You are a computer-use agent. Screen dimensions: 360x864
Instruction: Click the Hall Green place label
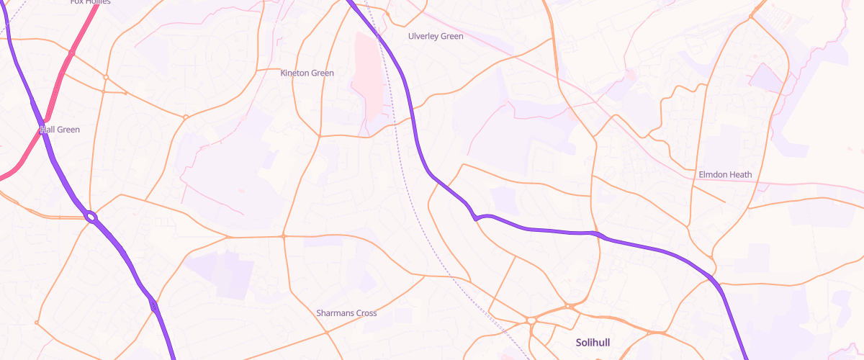pos(60,130)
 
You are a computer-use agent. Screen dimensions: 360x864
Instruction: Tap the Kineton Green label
pos(307,73)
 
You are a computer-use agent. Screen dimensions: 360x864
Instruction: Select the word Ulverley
pos(422,36)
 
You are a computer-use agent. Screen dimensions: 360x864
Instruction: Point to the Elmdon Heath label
pos(725,175)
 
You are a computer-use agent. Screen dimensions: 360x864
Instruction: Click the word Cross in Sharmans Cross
pos(364,313)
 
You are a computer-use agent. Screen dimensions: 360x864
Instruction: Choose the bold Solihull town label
pos(593,342)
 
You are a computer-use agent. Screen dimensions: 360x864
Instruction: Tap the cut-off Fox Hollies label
pos(90,2)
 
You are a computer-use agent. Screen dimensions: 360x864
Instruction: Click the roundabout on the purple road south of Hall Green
pos(91,216)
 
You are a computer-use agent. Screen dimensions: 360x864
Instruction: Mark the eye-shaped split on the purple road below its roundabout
pos(154,306)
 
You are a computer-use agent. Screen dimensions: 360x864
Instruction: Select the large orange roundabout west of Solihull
pos(531,320)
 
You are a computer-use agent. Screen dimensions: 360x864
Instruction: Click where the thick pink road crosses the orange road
pos(71,53)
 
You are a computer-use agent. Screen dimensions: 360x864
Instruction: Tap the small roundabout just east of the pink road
pos(106,77)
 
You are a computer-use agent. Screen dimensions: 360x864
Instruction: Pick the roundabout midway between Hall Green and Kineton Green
pos(186,117)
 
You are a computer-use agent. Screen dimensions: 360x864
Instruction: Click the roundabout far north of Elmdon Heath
pos(751,17)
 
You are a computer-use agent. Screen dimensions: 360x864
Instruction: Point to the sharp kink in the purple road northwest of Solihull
pos(476,217)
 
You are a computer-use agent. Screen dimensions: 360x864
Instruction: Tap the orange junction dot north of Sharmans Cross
pos(284,235)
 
